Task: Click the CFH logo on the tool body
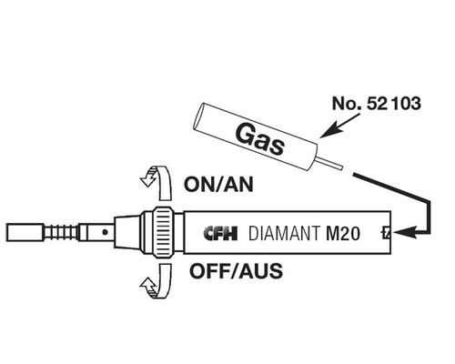point(219,233)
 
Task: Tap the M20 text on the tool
point(344,233)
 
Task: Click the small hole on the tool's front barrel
point(105,233)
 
